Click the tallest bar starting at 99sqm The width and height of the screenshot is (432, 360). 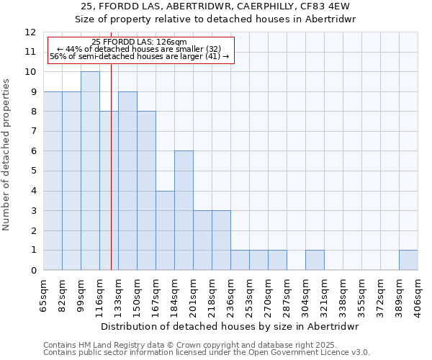click(x=90, y=171)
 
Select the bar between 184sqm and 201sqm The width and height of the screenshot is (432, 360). click(x=184, y=210)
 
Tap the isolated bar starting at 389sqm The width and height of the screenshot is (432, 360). click(x=408, y=260)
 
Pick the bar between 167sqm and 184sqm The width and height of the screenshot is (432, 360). click(x=165, y=230)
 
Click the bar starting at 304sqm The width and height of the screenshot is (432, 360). click(x=315, y=260)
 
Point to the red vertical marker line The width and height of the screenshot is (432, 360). click(x=111, y=180)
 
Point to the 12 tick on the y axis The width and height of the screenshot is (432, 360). click(x=30, y=32)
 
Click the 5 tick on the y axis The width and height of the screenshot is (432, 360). click(x=33, y=171)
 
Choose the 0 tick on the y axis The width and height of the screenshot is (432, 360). click(x=33, y=271)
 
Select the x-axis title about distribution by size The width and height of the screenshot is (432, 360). click(x=230, y=326)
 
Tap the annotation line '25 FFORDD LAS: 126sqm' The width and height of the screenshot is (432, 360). click(x=140, y=42)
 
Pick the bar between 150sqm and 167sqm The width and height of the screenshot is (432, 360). click(x=146, y=191)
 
